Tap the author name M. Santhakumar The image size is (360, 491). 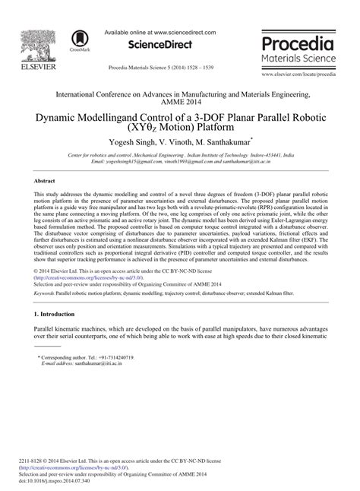235,142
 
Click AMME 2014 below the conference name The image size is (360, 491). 179,102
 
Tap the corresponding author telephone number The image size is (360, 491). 117,356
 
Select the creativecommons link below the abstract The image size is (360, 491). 99,278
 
